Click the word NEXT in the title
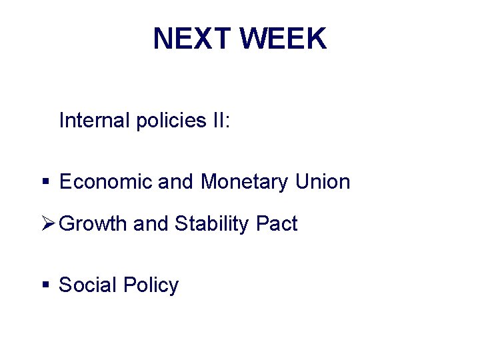coord(192,39)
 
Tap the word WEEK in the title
coord(284,39)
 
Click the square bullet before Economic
coord(45,181)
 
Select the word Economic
coord(105,181)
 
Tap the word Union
coord(323,181)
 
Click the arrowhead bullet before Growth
coord(47,223)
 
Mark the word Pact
coord(277,224)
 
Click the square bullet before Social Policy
coord(45,285)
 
